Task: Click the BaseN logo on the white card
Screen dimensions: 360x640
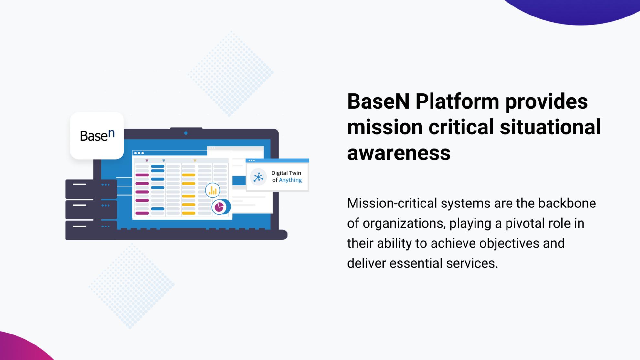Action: point(97,135)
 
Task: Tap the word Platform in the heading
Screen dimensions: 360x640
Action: point(457,102)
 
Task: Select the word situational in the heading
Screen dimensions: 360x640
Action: point(550,127)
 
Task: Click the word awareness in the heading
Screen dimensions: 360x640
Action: point(399,153)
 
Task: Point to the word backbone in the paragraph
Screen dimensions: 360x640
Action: point(567,204)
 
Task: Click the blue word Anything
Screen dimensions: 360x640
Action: point(290,180)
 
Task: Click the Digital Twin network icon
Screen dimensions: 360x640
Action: point(258,177)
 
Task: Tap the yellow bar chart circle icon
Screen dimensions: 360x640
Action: point(212,190)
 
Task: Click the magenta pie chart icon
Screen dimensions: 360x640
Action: point(219,207)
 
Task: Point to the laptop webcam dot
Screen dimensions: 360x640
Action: point(186,133)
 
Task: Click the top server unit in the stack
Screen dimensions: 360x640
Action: point(91,189)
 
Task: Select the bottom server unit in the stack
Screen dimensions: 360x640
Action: point(91,230)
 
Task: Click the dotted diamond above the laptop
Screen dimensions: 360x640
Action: point(231,74)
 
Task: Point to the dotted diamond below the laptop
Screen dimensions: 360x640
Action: point(131,286)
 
